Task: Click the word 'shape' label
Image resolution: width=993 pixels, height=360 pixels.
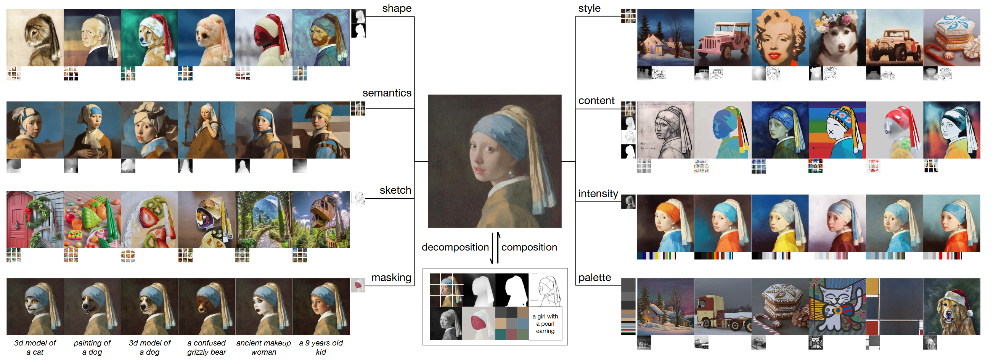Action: tap(397, 8)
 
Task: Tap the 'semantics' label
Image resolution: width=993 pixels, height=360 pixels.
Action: tap(387, 93)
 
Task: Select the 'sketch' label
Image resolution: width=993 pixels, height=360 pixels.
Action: tap(395, 190)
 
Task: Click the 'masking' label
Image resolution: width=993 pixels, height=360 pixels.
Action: tap(391, 278)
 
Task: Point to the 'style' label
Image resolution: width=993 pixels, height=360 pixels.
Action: tap(589, 8)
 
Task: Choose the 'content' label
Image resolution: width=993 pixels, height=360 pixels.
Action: tap(596, 101)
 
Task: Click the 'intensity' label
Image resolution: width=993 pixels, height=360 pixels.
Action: tap(598, 193)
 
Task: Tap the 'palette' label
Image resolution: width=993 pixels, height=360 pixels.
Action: tap(595, 278)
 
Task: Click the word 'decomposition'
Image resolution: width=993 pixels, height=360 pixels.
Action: tap(455, 247)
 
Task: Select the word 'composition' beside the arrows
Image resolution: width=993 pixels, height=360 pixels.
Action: tap(529, 247)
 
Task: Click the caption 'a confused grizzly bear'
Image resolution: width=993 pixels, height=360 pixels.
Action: tap(206, 347)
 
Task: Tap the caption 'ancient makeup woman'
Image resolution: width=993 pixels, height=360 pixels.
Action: tap(264, 347)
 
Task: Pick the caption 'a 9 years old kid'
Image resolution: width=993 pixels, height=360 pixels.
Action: tap(321, 347)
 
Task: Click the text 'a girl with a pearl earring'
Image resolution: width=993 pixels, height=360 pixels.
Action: tap(545, 324)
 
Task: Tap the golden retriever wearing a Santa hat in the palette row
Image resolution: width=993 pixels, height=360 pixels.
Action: tap(951, 307)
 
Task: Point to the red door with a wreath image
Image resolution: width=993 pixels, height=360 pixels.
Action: tap(35, 220)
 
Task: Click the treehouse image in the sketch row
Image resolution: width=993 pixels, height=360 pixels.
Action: tap(321, 220)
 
